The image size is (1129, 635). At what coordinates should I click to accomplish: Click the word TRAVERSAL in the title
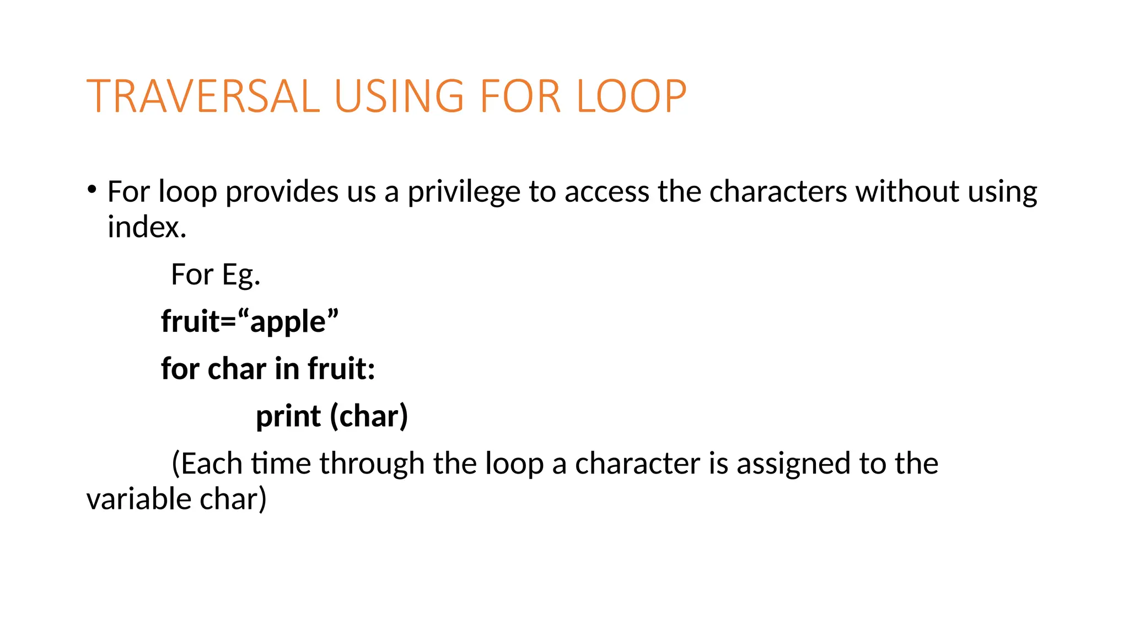point(203,96)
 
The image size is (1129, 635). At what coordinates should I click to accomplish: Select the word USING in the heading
point(399,96)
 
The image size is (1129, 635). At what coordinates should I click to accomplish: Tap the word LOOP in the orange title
point(631,96)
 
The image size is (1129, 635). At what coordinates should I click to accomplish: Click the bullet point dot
point(92,190)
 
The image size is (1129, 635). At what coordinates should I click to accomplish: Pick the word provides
point(282,192)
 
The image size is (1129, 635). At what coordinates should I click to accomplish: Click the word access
point(606,192)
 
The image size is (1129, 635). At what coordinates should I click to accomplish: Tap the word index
point(147,227)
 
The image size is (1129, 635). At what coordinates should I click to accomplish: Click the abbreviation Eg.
point(241,275)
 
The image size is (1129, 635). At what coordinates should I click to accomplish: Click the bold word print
point(288,417)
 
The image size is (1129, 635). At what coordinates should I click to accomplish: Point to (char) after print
point(369,416)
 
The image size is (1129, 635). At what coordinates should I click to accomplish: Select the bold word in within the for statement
point(287,369)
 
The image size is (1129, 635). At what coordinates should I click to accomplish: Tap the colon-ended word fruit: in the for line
point(341,369)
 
